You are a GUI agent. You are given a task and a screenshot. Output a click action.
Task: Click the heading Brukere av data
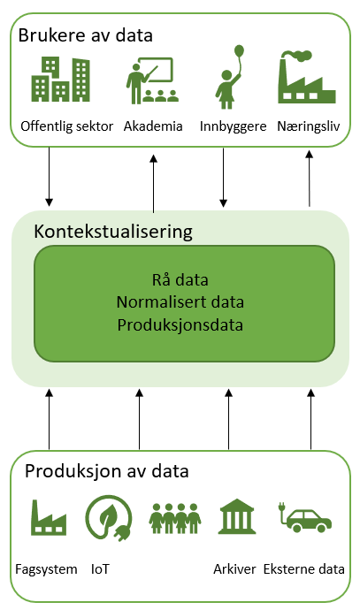click(x=85, y=35)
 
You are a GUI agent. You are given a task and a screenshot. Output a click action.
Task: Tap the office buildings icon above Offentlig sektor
click(x=61, y=80)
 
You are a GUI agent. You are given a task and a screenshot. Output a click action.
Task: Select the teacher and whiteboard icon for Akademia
click(x=152, y=80)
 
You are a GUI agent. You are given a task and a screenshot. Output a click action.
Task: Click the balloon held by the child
click(x=239, y=51)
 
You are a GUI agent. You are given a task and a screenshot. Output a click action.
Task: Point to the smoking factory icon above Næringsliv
click(x=307, y=77)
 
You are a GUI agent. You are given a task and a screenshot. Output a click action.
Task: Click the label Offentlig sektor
click(x=66, y=126)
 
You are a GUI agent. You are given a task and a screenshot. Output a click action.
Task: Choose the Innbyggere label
click(x=234, y=126)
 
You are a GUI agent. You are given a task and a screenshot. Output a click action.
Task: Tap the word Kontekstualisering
click(x=113, y=232)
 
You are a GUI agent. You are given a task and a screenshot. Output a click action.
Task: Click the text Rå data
click(x=180, y=279)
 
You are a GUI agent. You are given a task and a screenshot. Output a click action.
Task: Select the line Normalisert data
click(x=180, y=302)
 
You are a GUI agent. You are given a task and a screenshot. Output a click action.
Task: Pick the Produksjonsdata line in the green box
click(x=180, y=325)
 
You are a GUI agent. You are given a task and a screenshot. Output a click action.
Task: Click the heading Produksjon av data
click(x=107, y=471)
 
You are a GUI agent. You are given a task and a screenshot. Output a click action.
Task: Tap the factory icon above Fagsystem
click(x=49, y=517)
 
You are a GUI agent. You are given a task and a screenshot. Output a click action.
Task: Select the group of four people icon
click(x=175, y=518)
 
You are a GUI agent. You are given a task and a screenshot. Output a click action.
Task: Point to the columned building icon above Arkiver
click(x=237, y=516)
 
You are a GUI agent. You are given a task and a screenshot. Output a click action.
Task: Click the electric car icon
click(x=305, y=518)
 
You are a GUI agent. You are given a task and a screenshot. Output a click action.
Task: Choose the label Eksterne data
click(x=304, y=569)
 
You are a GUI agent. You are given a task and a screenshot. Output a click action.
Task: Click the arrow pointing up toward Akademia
click(x=153, y=184)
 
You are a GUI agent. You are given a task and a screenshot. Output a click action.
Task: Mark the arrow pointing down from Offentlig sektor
click(x=49, y=177)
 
